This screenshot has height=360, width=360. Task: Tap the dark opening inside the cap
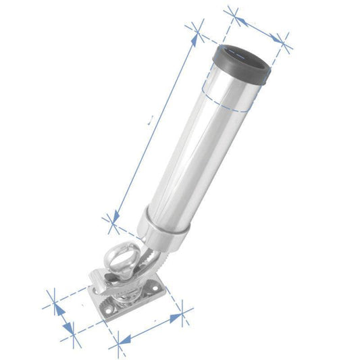[244, 55]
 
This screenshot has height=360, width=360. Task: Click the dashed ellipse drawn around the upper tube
[223, 101]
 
